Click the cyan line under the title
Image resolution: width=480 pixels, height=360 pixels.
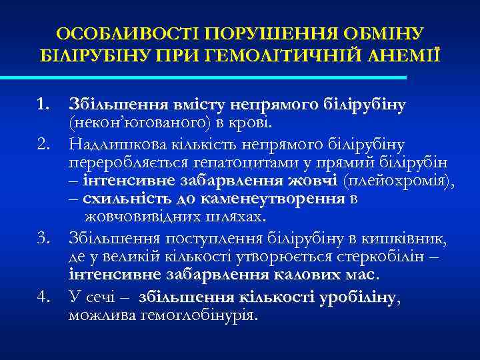click(220, 78)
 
